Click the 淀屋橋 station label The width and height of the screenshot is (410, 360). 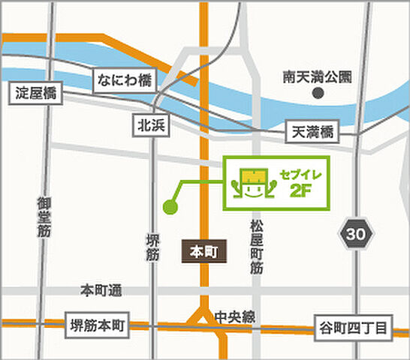[36, 94]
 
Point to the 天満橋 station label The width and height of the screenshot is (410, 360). [313, 132]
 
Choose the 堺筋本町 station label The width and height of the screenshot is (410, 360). [98, 325]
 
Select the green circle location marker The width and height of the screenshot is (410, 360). [170, 206]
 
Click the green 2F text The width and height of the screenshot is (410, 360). [300, 190]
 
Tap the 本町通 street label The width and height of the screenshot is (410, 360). [101, 290]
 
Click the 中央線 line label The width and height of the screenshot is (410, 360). [234, 316]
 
